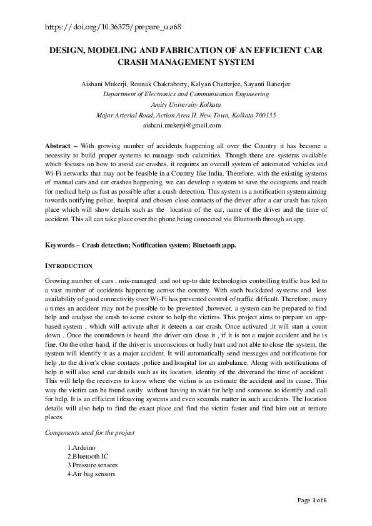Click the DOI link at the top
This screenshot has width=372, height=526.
[x=114, y=27]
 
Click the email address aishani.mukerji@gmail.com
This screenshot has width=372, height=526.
[x=186, y=126]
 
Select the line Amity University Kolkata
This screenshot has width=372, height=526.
[x=186, y=105]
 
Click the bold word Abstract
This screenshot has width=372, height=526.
[x=58, y=146]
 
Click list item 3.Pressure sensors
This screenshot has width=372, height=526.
[x=93, y=465]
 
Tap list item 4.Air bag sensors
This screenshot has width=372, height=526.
[x=92, y=474]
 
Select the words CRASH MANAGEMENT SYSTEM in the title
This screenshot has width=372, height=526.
[x=186, y=62]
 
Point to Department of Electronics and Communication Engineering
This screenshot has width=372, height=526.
[x=186, y=94]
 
